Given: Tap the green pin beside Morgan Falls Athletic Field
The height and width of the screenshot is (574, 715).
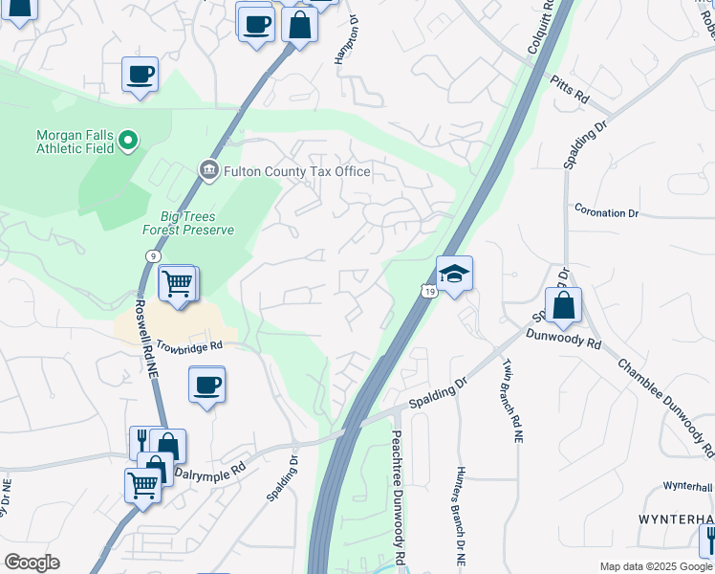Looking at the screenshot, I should coord(128,143).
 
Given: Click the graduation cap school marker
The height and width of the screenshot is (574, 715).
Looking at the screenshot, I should coord(455,273).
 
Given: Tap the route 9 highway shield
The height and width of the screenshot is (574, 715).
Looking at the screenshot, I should coord(153,255).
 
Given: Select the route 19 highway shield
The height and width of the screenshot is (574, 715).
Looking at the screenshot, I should coord(432,290).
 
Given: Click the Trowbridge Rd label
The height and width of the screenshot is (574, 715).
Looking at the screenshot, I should coord(189,344).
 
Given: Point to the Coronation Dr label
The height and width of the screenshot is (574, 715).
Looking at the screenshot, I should coord(605,212).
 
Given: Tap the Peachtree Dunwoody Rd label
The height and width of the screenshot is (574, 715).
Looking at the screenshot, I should coord(397,497).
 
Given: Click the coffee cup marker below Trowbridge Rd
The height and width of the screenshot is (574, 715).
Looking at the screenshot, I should coord(207,386).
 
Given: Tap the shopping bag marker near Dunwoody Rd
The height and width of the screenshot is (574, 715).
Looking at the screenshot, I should coord(564,306).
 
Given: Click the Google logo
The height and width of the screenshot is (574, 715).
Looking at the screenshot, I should coord(32,563).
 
